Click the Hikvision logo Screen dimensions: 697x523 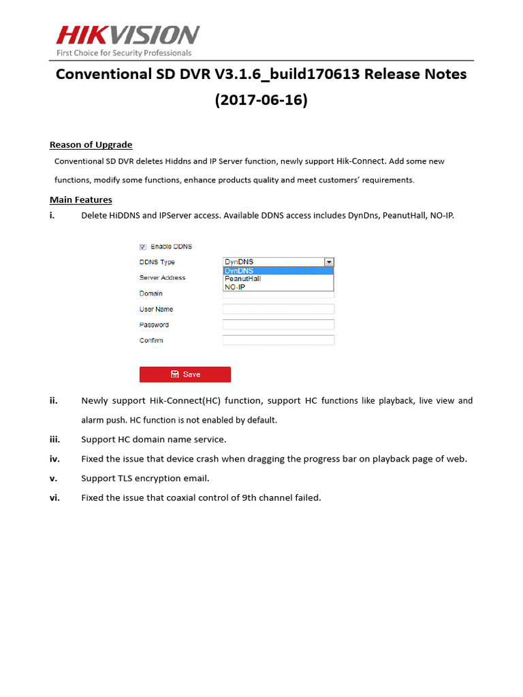[127, 35]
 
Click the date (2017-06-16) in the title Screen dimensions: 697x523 [261, 100]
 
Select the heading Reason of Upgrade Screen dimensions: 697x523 [91, 144]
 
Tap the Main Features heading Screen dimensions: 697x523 [80, 199]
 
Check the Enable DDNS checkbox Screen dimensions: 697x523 [143, 247]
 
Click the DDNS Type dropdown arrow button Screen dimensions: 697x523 [329, 262]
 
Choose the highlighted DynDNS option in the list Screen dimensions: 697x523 [278, 270]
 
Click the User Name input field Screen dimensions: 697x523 [278, 309]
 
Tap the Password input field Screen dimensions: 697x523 [278, 325]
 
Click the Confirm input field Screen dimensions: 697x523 [278, 340]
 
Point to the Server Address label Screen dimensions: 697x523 [162, 278]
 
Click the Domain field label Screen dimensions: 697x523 [150, 293]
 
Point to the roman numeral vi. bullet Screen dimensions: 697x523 [54, 498]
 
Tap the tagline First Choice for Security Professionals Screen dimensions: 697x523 [123, 53]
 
